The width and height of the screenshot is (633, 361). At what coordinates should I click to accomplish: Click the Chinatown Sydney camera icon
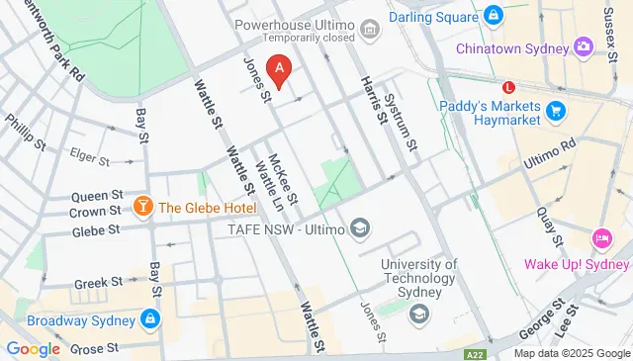584,47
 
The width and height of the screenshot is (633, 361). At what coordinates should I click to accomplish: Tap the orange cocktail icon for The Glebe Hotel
142,207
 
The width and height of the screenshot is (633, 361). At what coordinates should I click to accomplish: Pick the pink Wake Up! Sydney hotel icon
601,238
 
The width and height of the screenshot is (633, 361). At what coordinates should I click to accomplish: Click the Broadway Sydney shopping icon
150,319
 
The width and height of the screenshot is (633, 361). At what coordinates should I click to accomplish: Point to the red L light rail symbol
509,86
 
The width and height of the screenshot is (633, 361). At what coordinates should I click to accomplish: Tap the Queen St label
97,196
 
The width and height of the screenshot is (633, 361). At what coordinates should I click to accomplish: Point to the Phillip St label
27,132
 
